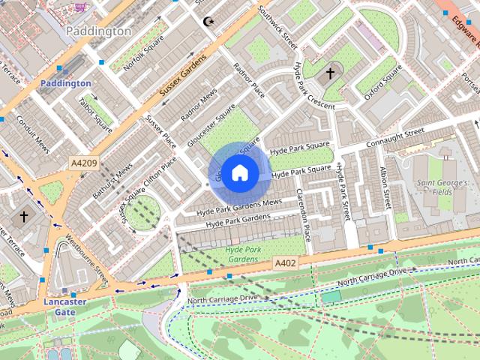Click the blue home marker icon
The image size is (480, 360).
click(x=239, y=173)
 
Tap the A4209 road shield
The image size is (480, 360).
click(x=84, y=163)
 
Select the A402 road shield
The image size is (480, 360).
click(x=285, y=263)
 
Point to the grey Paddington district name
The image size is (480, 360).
click(x=98, y=31)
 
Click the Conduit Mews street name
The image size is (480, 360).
click(x=31, y=133)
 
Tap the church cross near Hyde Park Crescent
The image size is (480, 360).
click(x=330, y=73)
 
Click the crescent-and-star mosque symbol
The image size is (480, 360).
click(x=209, y=21)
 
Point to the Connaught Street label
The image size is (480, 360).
click(x=394, y=139)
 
